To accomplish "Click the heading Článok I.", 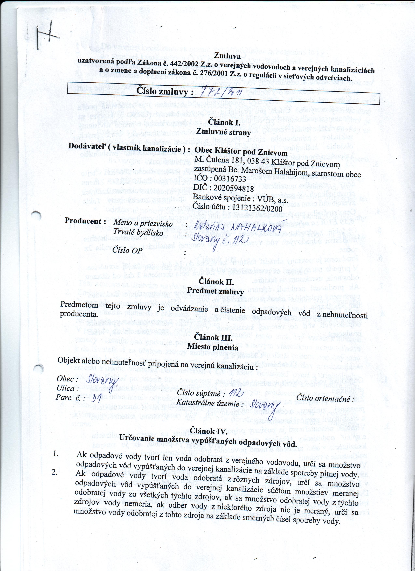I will coord(222,123).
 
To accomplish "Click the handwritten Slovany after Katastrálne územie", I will coord(264,405).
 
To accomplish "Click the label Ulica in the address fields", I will coord(66,388).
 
